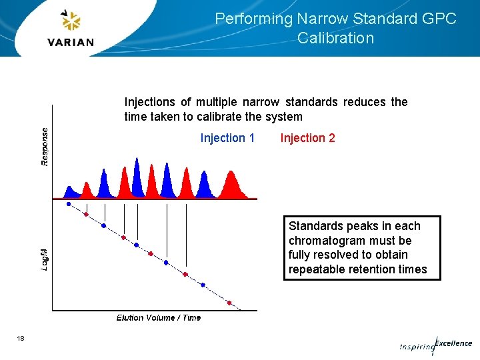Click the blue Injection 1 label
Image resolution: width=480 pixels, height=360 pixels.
click(227, 138)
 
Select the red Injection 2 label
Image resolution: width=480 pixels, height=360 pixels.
click(307, 138)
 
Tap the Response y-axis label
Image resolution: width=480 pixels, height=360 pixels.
click(45, 147)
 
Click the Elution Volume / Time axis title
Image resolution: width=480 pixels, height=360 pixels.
click(158, 318)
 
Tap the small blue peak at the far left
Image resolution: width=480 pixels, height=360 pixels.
click(69, 191)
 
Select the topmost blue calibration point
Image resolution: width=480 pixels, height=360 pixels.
click(69, 204)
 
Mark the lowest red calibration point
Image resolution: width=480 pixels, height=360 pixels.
click(230, 303)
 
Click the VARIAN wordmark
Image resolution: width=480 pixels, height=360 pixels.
click(71, 42)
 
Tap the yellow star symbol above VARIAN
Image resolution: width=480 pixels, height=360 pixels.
click(70, 21)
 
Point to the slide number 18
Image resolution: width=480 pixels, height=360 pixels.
click(21, 339)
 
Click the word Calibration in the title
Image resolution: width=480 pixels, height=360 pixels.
click(336, 38)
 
